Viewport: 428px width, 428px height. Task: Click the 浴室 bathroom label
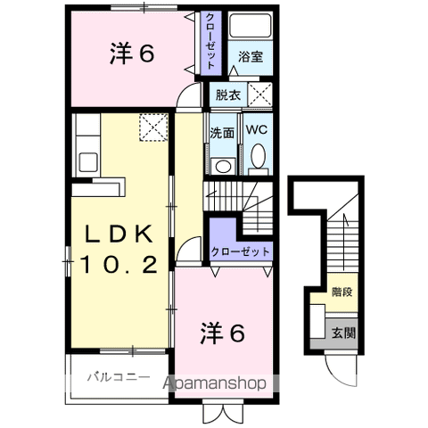250,56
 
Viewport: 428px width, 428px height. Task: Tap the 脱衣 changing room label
226,92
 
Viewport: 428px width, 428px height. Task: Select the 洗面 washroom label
222,132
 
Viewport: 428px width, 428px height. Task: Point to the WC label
256,130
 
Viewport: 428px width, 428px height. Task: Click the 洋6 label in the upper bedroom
134,54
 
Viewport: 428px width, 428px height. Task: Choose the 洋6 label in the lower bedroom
222,333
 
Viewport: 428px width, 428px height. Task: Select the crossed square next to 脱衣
259,93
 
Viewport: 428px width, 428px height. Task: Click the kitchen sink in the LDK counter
89,162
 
